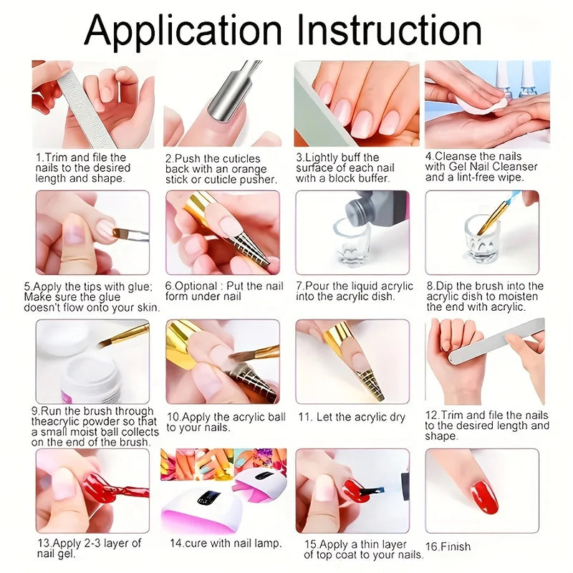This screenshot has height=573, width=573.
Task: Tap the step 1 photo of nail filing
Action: tap(92, 104)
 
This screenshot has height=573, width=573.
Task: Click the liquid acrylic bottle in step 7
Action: tap(372, 211)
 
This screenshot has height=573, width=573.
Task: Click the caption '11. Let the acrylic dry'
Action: tap(352, 417)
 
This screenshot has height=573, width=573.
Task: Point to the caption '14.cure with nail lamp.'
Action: tap(226, 543)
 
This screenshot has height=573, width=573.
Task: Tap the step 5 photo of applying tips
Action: tap(92, 232)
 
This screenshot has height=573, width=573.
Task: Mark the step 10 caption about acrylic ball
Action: tap(226, 422)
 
